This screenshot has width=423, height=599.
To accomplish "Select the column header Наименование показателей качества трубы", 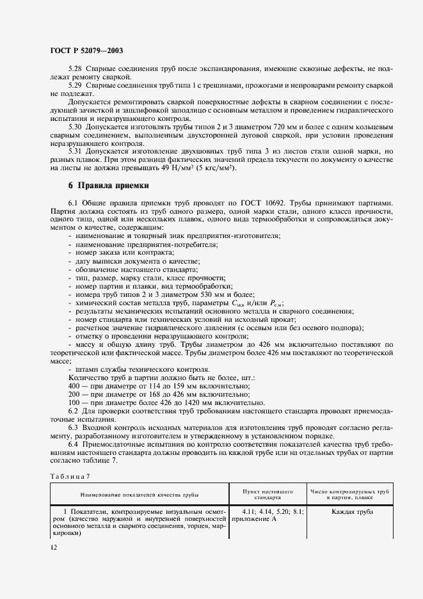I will pyautogui.click(x=139, y=495).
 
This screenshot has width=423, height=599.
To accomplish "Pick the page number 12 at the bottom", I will pyautogui.click(x=53, y=548).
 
